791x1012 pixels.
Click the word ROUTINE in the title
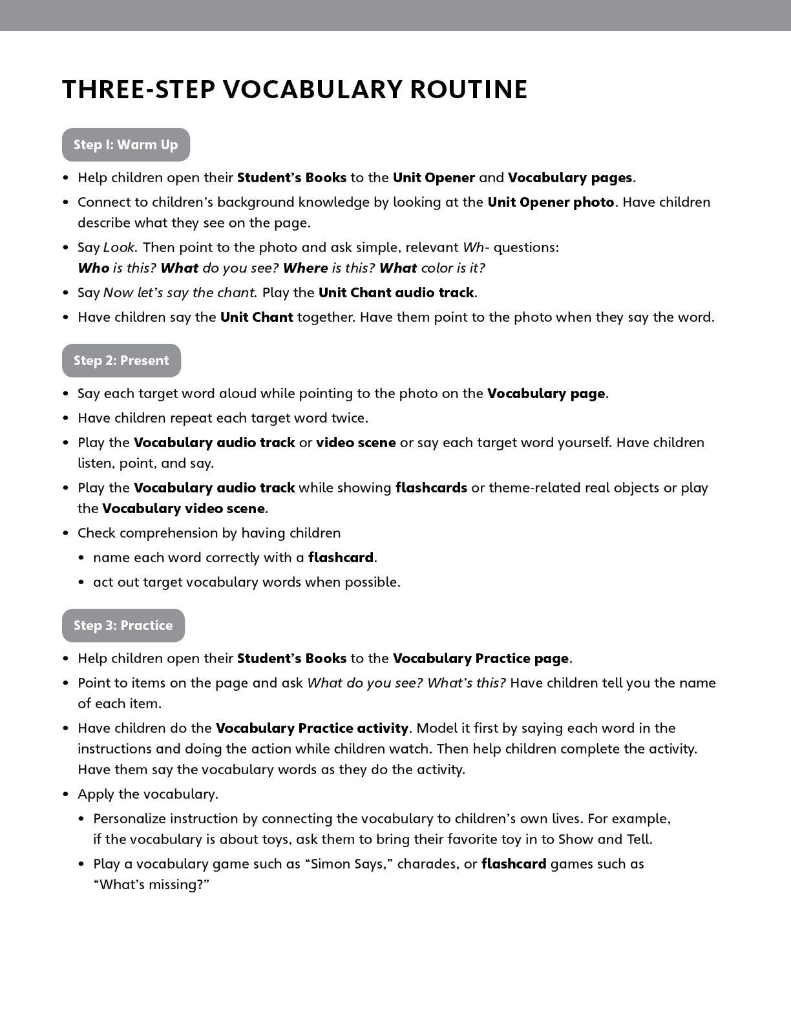point(469,90)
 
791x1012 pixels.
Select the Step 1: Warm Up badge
point(126,145)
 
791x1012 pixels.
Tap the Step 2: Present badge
point(121,361)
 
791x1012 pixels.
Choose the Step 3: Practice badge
point(123,626)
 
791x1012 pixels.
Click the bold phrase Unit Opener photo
point(551,202)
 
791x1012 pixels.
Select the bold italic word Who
point(93,268)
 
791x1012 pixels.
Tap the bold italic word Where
point(305,268)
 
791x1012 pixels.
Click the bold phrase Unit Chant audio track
point(397,293)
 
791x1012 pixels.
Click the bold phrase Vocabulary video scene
point(184,509)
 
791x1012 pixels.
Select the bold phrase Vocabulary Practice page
point(481,659)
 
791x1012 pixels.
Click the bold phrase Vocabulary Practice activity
point(312,728)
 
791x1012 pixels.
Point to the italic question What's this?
point(467,683)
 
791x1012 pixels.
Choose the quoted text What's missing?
point(151,885)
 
